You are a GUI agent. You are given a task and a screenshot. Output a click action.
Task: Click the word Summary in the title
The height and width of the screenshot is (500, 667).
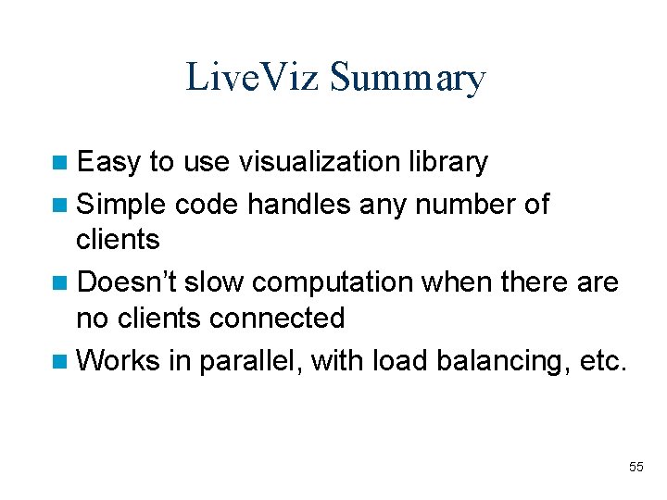[x=407, y=79]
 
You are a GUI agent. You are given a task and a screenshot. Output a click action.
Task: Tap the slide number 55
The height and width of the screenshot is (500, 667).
[x=636, y=467]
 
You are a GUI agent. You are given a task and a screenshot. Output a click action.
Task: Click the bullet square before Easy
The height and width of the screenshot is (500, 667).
[x=60, y=163]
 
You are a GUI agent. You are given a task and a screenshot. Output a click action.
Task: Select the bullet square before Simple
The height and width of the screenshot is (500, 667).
[x=60, y=204]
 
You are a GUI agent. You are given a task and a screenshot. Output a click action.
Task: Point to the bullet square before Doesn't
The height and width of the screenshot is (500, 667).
[x=60, y=281]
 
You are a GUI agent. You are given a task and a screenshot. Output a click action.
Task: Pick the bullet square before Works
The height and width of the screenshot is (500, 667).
[x=60, y=361]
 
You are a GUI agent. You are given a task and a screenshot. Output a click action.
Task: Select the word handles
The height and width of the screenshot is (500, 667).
[x=299, y=203]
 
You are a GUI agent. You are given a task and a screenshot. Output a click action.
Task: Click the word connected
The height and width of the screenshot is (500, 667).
[x=277, y=319]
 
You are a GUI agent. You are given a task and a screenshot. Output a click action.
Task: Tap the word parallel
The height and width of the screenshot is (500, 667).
[x=247, y=361]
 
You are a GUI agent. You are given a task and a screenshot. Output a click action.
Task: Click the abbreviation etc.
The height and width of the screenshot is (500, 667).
[x=603, y=360]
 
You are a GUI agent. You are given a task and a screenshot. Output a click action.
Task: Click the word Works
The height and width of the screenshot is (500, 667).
[x=119, y=360]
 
